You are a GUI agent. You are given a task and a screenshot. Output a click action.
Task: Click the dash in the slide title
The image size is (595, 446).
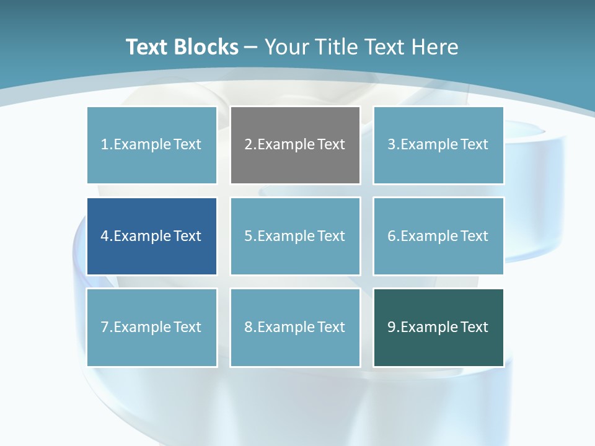pyautogui.click(x=251, y=47)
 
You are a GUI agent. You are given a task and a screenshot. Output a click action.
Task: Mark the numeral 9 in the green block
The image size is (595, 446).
pyautogui.click(x=392, y=327)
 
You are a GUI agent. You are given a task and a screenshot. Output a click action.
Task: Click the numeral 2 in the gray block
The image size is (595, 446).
pyautogui.click(x=249, y=144)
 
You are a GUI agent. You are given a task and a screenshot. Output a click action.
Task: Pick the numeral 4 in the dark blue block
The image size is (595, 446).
pyautogui.click(x=105, y=236)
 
